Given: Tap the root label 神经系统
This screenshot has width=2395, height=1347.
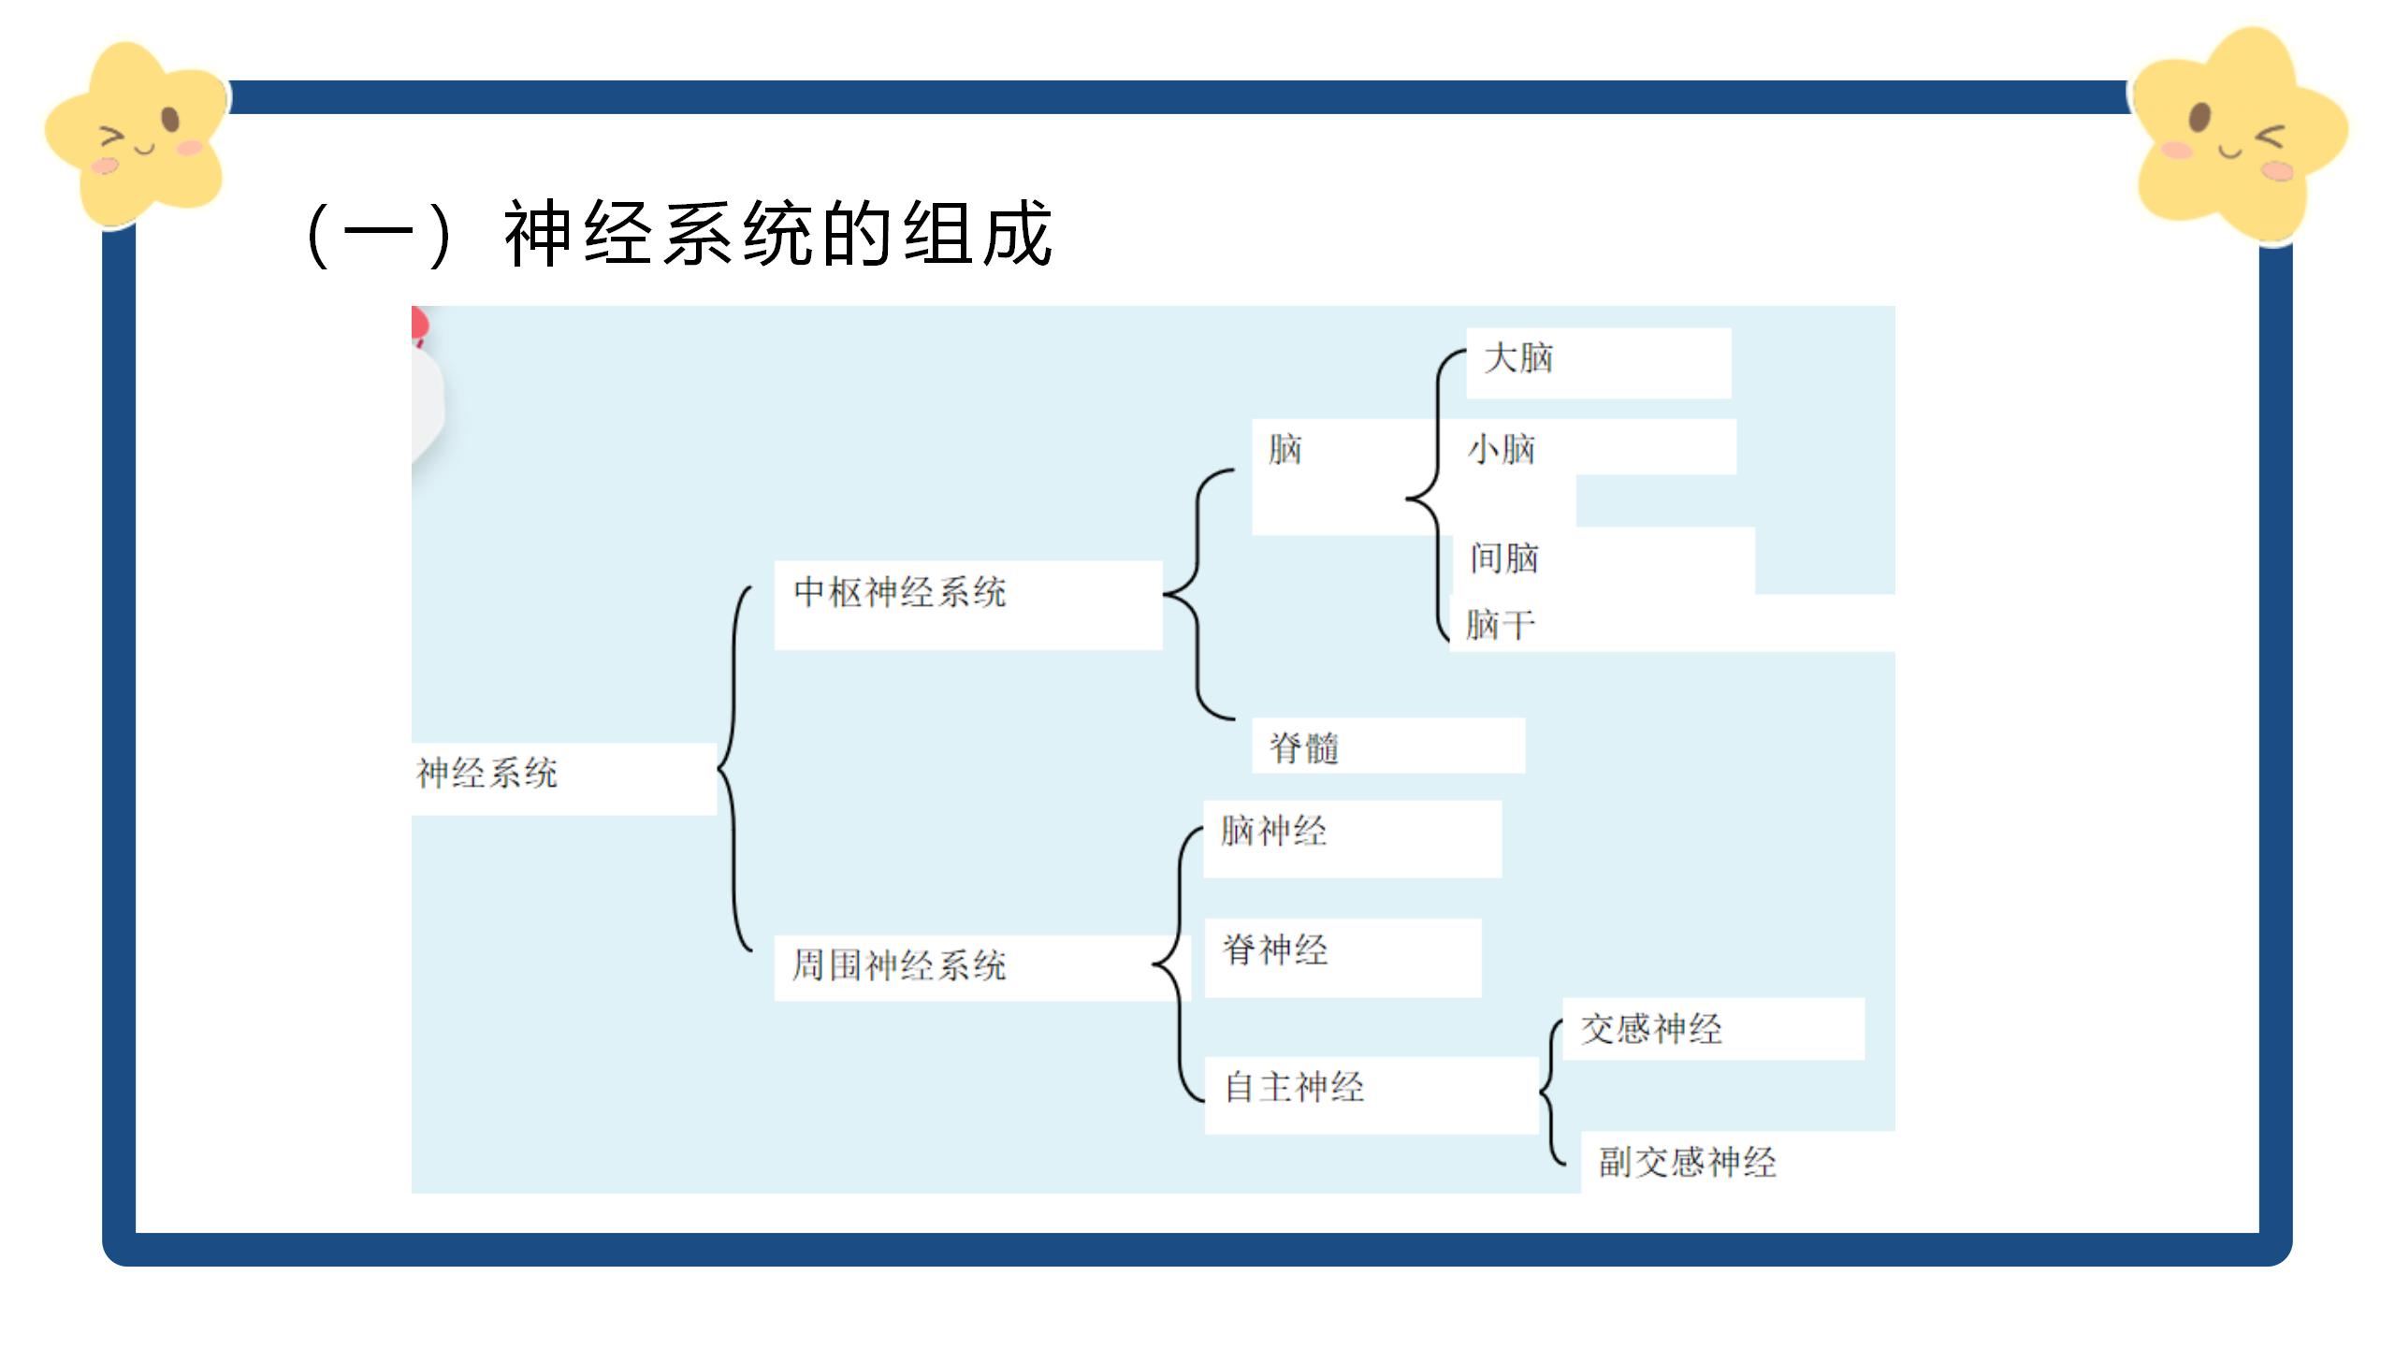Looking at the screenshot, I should click(x=486, y=774).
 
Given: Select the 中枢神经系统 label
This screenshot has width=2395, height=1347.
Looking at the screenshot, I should click(x=899, y=592).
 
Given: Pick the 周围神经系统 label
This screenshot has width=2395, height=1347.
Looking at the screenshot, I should click(x=898, y=965).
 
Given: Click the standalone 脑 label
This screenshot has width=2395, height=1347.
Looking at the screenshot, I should click(x=1285, y=450).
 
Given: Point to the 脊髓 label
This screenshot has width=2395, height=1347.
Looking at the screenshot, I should click(x=1304, y=748).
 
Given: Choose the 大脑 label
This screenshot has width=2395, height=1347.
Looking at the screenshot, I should click(x=1518, y=358).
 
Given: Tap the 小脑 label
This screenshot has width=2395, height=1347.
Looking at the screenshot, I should click(x=1502, y=450).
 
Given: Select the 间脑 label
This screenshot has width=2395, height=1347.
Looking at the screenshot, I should click(x=1504, y=558).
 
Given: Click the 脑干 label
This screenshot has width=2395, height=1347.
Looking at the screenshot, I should click(x=1501, y=625).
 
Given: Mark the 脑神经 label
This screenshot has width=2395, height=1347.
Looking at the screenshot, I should click(x=1273, y=831).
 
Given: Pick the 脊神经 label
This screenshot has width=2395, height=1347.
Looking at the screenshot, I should click(x=1275, y=950).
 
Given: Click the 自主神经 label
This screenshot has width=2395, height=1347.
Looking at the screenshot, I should click(x=1295, y=1087).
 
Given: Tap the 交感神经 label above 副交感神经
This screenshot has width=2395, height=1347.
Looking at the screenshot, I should click(x=1651, y=1029).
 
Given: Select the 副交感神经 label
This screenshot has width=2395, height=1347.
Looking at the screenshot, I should click(x=1687, y=1162).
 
